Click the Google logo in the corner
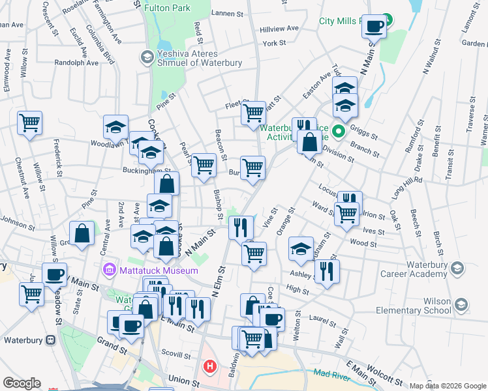pyautogui.click(x=22, y=383)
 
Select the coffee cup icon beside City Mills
pyautogui.click(x=374, y=27)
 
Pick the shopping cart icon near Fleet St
pyautogui.click(x=253, y=113)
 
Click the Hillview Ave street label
pyautogui.click(x=279, y=29)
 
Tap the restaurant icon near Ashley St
pyautogui.click(x=327, y=271)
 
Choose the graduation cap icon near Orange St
pyautogui.click(x=301, y=248)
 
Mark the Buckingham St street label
pyautogui.click(x=147, y=171)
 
